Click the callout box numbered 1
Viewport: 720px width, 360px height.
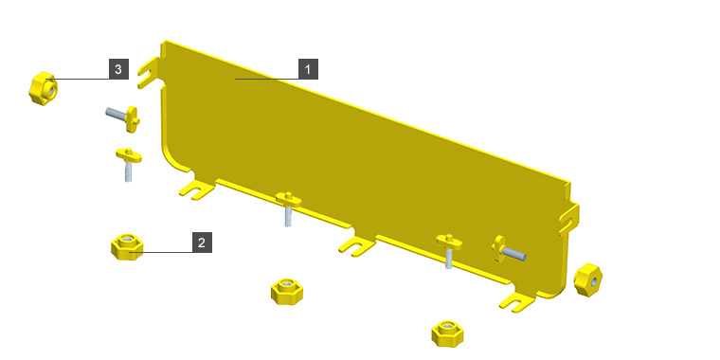click(x=308, y=69)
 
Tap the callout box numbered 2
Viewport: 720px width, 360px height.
click(x=202, y=243)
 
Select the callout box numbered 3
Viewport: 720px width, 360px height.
click(x=118, y=69)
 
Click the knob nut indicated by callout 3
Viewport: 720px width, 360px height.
click(x=43, y=88)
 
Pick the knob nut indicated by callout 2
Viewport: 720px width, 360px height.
click(x=127, y=247)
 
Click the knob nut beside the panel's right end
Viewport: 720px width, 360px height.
click(x=587, y=279)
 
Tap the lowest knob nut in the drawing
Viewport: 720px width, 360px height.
click(x=447, y=333)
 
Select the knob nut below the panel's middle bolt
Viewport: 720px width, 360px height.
click(x=287, y=292)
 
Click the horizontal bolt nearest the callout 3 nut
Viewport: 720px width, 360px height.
click(x=123, y=117)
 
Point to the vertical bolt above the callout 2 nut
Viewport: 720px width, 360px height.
click(x=128, y=163)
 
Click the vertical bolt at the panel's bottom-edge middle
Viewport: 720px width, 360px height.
click(x=288, y=207)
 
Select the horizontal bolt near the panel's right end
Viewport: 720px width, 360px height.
click(x=509, y=250)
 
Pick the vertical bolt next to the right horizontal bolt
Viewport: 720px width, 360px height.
click(x=449, y=250)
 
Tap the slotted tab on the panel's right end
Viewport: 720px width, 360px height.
click(x=569, y=220)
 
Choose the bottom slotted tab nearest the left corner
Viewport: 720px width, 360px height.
click(x=196, y=189)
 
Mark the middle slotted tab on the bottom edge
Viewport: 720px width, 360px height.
click(x=357, y=245)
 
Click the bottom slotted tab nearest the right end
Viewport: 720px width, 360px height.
click(x=517, y=302)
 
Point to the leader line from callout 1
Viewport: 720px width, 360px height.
click(x=267, y=79)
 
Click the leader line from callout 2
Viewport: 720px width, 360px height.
click(x=160, y=252)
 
